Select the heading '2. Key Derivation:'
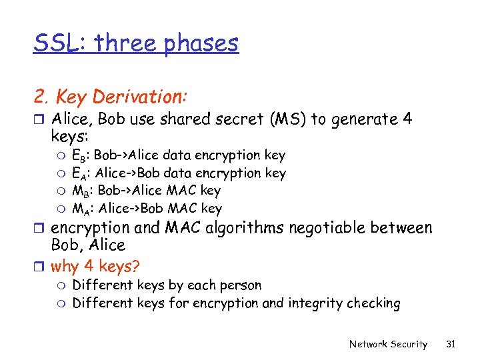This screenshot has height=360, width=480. [x=111, y=97]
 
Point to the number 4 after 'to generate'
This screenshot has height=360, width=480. [x=407, y=120]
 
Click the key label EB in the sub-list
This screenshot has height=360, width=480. [x=80, y=156]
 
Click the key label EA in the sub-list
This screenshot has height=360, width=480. [x=80, y=174]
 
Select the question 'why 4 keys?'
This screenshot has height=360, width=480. [x=95, y=267]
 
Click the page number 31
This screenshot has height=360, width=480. [x=451, y=344]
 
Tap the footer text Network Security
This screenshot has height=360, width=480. [x=388, y=344]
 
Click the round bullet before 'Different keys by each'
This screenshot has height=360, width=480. [x=62, y=286]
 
